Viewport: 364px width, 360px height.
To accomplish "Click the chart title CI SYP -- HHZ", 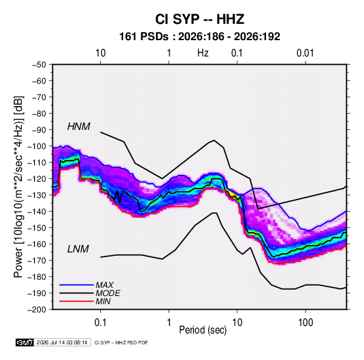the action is pos(199,19).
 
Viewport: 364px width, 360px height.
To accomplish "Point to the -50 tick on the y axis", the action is pos(39,65).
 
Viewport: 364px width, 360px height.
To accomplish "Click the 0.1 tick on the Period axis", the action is pos(101,323).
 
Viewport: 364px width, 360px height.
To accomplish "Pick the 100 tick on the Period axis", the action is pos(305,323).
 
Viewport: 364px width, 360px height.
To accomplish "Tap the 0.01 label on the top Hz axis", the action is pos(305,53).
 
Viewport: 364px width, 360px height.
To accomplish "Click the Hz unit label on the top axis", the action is pos(203,53).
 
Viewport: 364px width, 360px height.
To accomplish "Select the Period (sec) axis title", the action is pos(203,330).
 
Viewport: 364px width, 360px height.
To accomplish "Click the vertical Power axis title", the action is pos(18,186).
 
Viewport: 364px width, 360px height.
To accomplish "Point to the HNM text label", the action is pos(79,127).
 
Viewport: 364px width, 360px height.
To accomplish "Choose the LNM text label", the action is pos(78,249).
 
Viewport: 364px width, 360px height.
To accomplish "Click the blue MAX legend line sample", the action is pos(76,285).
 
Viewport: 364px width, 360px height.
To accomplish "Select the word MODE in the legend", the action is pos(108,293).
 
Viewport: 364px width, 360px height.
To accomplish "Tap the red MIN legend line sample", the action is pos(76,301).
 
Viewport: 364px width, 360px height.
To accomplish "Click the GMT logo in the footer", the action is pos(25,342).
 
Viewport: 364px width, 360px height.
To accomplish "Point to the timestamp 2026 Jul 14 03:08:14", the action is pos(62,342).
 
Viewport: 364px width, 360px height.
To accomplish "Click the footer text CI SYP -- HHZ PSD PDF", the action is pos(121,342).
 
